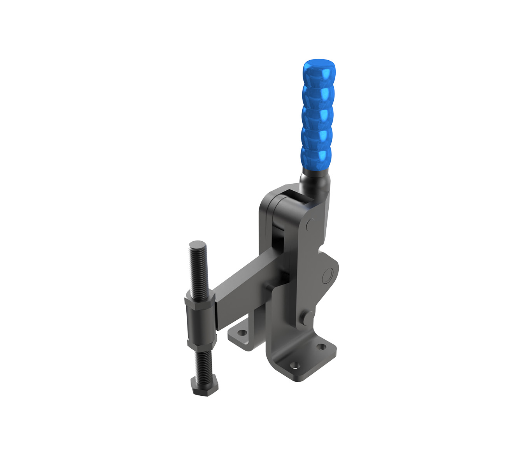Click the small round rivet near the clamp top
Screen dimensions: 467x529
pyautogui.click(x=310, y=224)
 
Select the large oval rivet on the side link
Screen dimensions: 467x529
pyautogui.click(x=328, y=275)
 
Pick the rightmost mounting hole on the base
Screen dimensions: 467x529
pyautogui.click(x=321, y=346)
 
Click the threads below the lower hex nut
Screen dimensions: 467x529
pyautogui.click(x=203, y=364)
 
